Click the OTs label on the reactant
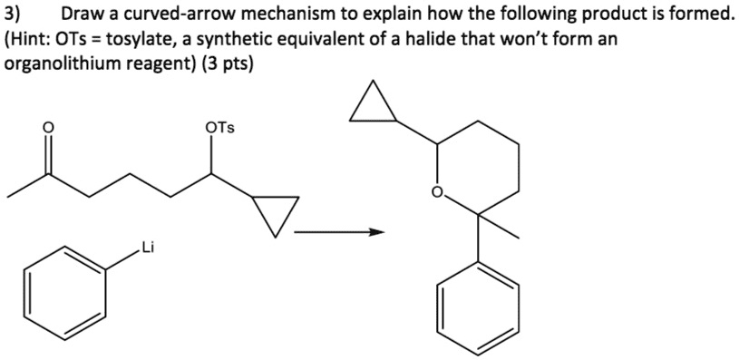point(219,128)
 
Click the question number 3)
point(15,15)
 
